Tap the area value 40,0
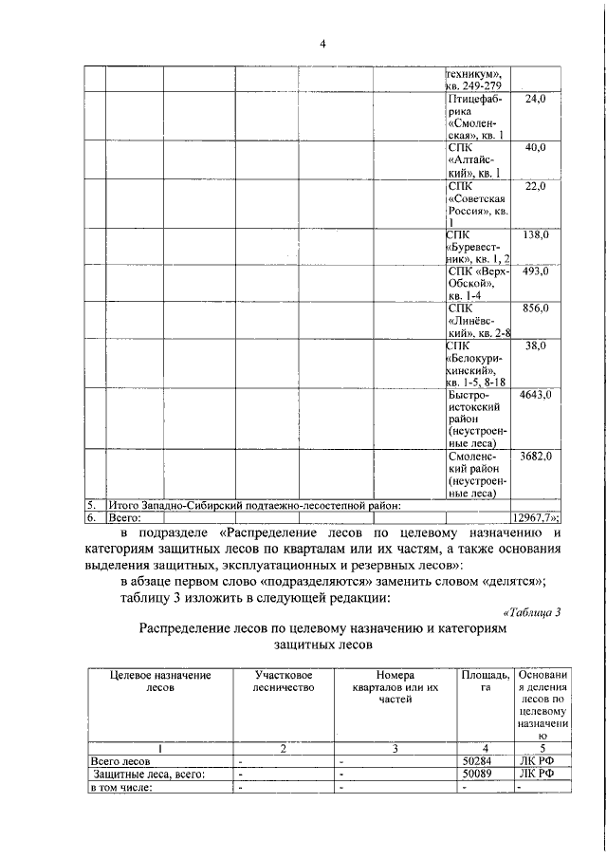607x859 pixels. tap(536, 148)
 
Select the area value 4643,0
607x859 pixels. tap(536, 394)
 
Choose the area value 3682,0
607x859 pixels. tap(536, 457)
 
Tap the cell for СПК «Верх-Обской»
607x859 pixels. tap(478, 283)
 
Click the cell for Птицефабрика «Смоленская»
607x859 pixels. tap(478, 117)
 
